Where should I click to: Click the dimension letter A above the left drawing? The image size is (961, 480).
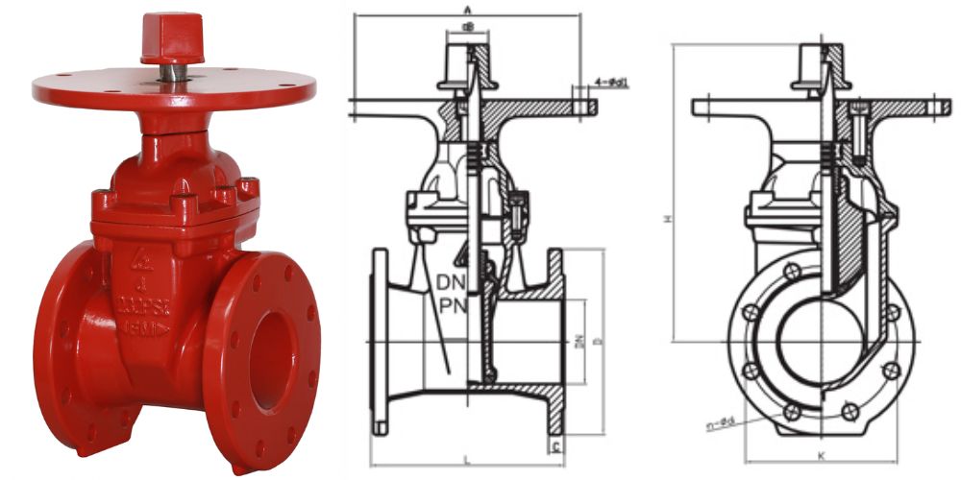coord(467,8)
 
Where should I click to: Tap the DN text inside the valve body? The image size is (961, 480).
coord(452,284)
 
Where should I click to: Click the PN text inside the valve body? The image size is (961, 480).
coord(452,307)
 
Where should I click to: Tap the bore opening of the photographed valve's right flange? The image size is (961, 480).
coord(273,350)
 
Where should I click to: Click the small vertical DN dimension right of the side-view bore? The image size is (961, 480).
coord(579,341)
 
